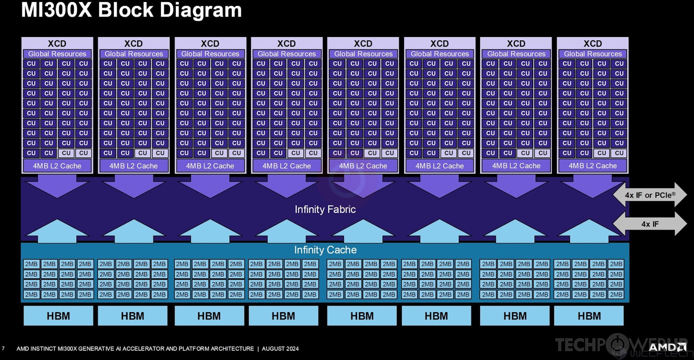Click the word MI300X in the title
tap(56, 10)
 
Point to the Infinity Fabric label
tap(325, 209)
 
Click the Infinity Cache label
tap(325, 250)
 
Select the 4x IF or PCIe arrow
tap(650, 195)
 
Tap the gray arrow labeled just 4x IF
tap(650, 224)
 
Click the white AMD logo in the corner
tap(667, 347)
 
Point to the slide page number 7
tap(3, 348)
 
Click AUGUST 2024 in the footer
tap(280, 348)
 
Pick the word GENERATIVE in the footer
tap(96, 348)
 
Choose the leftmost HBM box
tap(58, 316)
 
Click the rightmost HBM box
tap(589, 316)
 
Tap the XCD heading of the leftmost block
tap(57, 44)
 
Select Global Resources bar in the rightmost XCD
tap(593, 54)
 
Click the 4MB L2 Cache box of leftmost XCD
tap(57, 166)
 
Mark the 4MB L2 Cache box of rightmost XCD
tap(593, 166)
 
